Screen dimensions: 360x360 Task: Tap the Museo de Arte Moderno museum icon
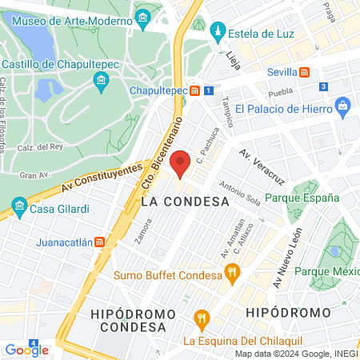pos(142,17)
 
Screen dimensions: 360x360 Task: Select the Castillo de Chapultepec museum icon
pos(101,81)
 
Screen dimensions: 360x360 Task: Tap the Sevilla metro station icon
pos(304,71)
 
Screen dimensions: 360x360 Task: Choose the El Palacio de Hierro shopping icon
pos(342,105)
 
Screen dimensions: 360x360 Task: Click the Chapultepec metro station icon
pos(194,91)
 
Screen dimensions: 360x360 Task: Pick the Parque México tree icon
pos(334,251)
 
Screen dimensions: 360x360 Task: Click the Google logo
pos(26,350)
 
